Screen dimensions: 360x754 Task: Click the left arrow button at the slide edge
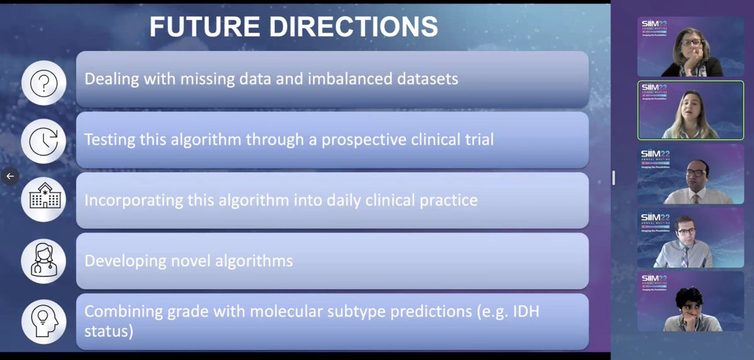[10, 176]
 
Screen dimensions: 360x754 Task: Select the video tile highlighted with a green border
[681, 110]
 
